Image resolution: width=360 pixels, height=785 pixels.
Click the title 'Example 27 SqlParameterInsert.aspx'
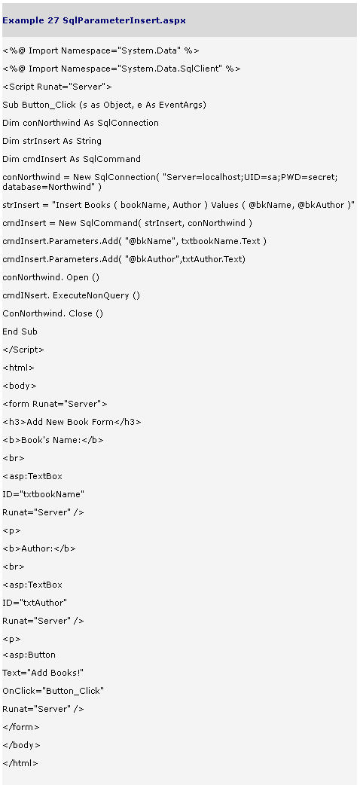[94, 20]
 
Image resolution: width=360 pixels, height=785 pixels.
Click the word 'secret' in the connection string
[323, 177]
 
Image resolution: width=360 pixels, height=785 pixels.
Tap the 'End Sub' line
[20, 331]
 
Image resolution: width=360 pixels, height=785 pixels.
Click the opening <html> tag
[19, 368]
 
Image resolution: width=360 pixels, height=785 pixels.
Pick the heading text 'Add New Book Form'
[70, 422]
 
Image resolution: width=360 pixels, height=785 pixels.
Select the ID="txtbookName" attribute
[44, 494]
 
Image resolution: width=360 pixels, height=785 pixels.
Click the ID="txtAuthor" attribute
[35, 602]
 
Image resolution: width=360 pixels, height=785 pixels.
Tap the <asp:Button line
[29, 655]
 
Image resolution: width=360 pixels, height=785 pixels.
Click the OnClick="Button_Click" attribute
[53, 691]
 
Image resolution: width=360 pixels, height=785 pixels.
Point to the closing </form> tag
[21, 727]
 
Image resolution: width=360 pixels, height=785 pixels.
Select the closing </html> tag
[20, 763]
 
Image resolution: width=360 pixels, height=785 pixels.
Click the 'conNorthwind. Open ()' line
[51, 277]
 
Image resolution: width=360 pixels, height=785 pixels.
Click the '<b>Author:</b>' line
[39, 548]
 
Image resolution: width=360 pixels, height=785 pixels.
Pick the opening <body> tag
[20, 386]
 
